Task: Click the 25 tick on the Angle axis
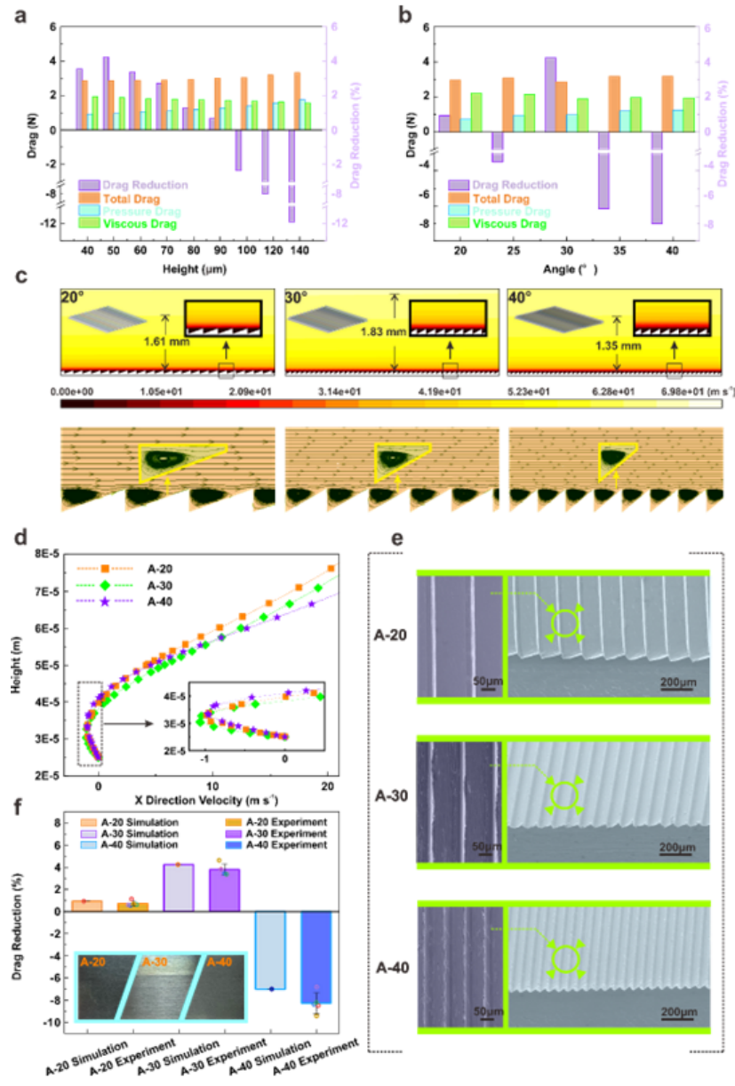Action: click(x=508, y=252)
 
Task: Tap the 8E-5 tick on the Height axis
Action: click(x=60, y=554)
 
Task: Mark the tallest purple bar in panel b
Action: click(x=550, y=93)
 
